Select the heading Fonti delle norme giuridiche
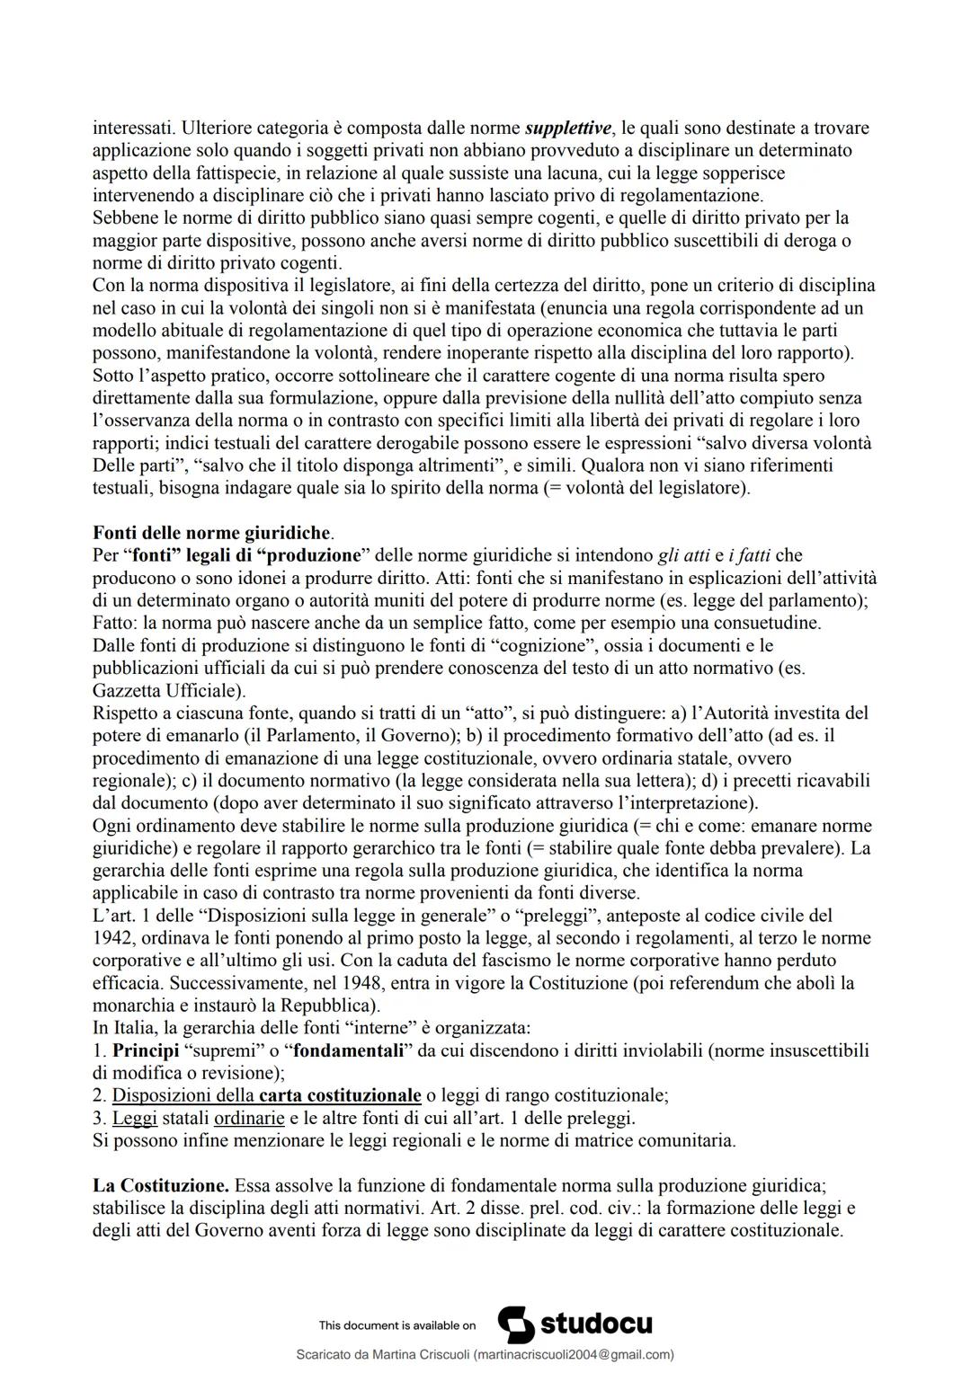pyautogui.click(x=212, y=533)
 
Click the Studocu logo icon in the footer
pyautogui.click(x=515, y=1324)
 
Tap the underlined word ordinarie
pyautogui.click(x=249, y=1119)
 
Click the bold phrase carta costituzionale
pyautogui.click(x=339, y=1095)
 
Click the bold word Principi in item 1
pyautogui.click(x=145, y=1050)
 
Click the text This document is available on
pyautogui.click(x=396, y=1325)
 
